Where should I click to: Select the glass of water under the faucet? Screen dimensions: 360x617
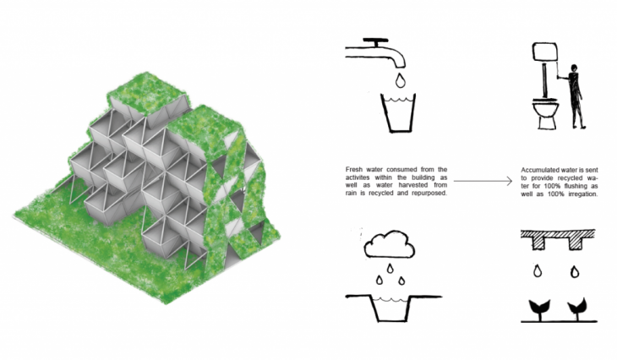398,113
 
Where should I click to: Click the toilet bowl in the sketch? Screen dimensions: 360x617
546,113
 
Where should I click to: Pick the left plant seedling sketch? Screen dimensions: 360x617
539,308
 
